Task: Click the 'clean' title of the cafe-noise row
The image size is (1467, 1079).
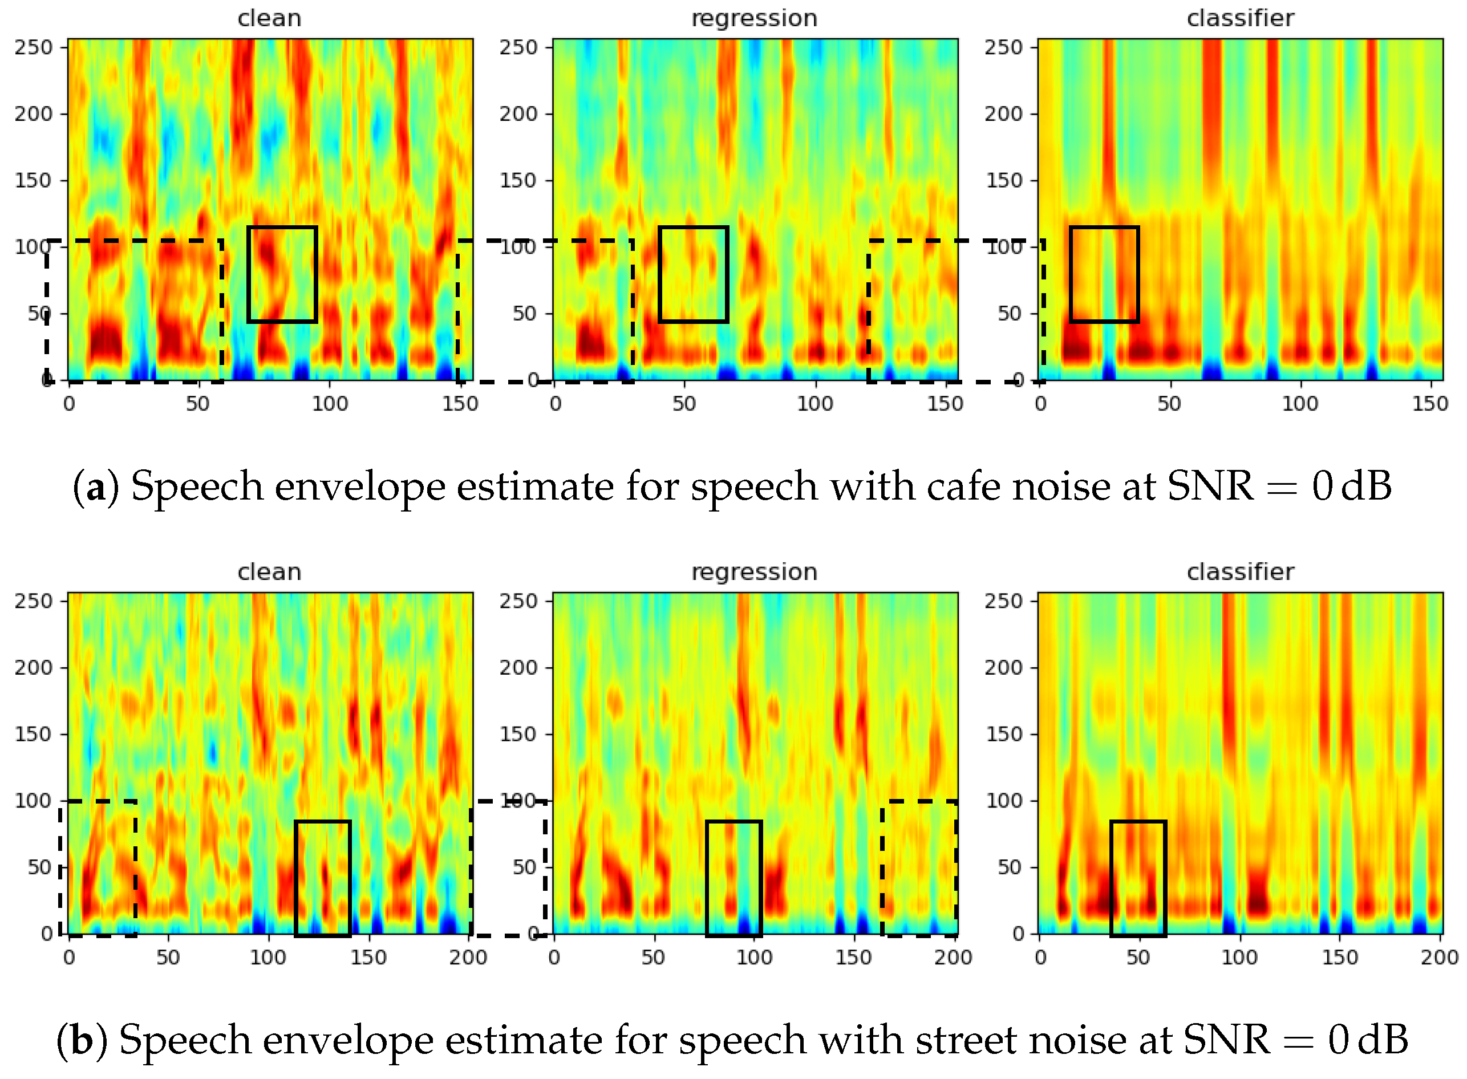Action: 269,18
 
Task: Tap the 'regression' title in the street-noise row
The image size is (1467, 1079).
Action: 755,572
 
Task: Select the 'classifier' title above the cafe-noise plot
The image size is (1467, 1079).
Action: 1239,18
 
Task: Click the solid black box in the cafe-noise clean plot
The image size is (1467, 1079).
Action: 282,274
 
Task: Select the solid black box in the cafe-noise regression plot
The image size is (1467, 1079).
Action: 693,274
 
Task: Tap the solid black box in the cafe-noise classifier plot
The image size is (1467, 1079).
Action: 1104,274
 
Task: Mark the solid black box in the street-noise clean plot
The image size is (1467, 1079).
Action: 323,878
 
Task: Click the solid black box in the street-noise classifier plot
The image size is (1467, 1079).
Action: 1138,878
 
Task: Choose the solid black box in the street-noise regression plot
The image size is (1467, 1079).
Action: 733,878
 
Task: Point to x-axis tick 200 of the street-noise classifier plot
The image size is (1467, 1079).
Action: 1439,958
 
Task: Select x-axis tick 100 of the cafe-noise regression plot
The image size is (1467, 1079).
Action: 814,404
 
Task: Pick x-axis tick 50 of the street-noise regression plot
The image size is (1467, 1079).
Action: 653,958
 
